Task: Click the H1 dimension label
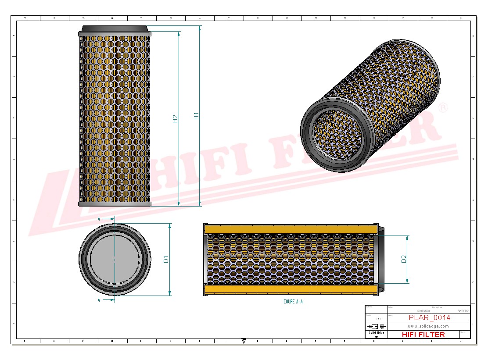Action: (x=197, y=116)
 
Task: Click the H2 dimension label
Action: (x=176, y=118)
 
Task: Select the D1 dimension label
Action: (x=166, y=259)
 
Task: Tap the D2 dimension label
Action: (x=404, y=259)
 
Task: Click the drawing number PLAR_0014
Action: (x=429, y=317)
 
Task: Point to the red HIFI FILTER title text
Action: (x=423, y=335)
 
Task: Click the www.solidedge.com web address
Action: (x=428, y=326)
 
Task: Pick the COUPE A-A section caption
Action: (x=293, y=302)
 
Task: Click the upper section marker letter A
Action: (x=99, y=218)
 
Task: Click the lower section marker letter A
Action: (x=99, y=300)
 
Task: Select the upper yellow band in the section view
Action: (x=291, y=229)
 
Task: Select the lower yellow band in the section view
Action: (x=291, y=289)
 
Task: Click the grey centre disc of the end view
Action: (x=115, y=259)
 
